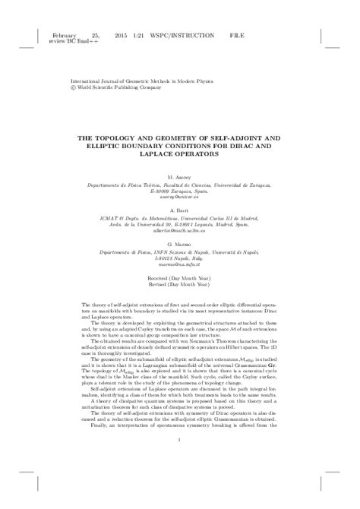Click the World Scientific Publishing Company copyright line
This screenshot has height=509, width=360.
click(x=115, y=86)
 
